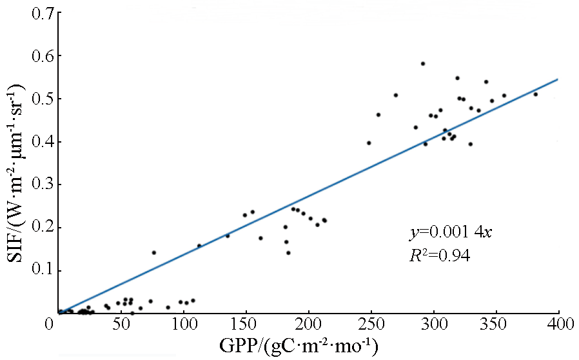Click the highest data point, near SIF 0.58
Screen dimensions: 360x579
(x=423, y=64)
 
